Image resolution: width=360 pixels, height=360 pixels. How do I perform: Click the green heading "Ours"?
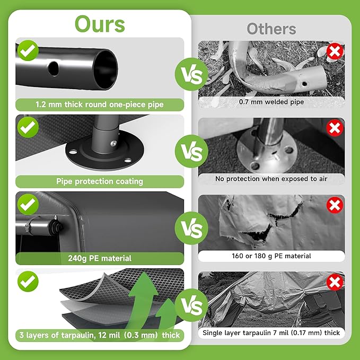point(100,24)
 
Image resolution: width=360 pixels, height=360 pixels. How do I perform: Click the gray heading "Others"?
point(271,29)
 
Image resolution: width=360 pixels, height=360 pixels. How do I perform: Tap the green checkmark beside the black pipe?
point(28,50)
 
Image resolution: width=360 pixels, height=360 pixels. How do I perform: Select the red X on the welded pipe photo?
point(335,51)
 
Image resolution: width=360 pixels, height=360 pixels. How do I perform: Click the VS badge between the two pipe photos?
point(191,74)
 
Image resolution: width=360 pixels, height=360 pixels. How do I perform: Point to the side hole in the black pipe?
point(54,68)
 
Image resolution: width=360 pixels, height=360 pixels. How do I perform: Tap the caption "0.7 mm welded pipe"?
point(271,102)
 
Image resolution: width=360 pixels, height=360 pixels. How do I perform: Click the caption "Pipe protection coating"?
point(100,181)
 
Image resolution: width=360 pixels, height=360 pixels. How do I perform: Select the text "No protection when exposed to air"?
point(271,179)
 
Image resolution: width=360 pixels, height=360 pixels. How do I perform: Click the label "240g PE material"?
point(100,258)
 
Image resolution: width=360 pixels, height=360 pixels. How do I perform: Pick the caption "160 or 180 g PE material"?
point(271,256)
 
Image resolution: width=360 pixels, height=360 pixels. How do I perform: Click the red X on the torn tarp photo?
point(335,205)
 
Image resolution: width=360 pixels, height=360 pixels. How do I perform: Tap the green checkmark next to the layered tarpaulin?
point(28,281)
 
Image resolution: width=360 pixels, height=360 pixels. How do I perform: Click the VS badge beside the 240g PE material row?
point(191,228)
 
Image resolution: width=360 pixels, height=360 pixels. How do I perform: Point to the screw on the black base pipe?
point(113,144)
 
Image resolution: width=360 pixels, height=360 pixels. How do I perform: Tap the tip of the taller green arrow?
point(144,273)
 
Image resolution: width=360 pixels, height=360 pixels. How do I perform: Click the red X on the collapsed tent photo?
point(335,282)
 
